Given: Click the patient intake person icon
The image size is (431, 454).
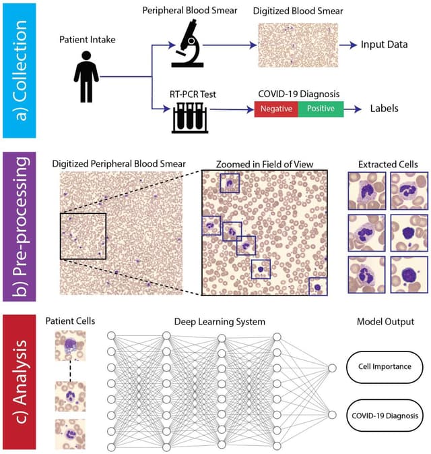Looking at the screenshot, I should coord(86,76).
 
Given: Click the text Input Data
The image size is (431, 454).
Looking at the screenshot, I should coord(384,45).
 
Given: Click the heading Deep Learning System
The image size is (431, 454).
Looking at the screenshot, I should coord(220,321).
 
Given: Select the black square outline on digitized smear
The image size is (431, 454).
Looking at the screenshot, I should coord(83,236).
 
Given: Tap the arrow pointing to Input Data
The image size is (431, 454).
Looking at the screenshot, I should coord(349,45).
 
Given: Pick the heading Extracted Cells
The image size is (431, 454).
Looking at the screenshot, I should coord(388,164).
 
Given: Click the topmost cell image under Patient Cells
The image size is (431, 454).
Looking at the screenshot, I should coord(70,347).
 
